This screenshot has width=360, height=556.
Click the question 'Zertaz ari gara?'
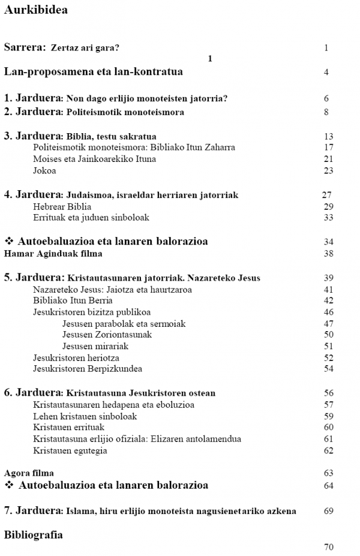point(89,47)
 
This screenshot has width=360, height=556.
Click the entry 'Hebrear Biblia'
point(62,206)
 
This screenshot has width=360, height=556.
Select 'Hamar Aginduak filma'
point(53,253)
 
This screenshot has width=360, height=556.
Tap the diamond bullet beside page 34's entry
point(9,242)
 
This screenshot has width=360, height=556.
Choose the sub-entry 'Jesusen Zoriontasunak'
point(107,335)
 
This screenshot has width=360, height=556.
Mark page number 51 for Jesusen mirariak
point(328,346)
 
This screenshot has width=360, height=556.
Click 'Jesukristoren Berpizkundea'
point(88,368)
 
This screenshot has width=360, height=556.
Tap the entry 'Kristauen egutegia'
point(70,450)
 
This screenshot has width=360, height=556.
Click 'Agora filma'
point(29,473)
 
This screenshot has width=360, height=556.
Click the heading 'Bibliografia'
point(33,534)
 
